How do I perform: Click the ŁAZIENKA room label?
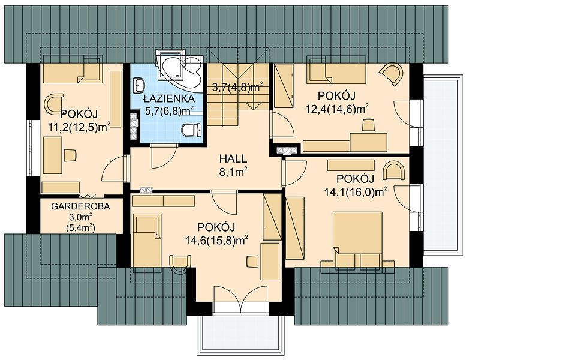pos(169,98)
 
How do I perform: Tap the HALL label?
pos(233,158)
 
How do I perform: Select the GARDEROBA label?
pos(80,206)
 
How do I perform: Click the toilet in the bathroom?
pos(191,130)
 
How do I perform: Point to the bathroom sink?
pos(139,85)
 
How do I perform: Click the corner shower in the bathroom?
pos(179,71)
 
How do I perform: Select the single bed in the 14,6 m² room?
pos(147,241)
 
